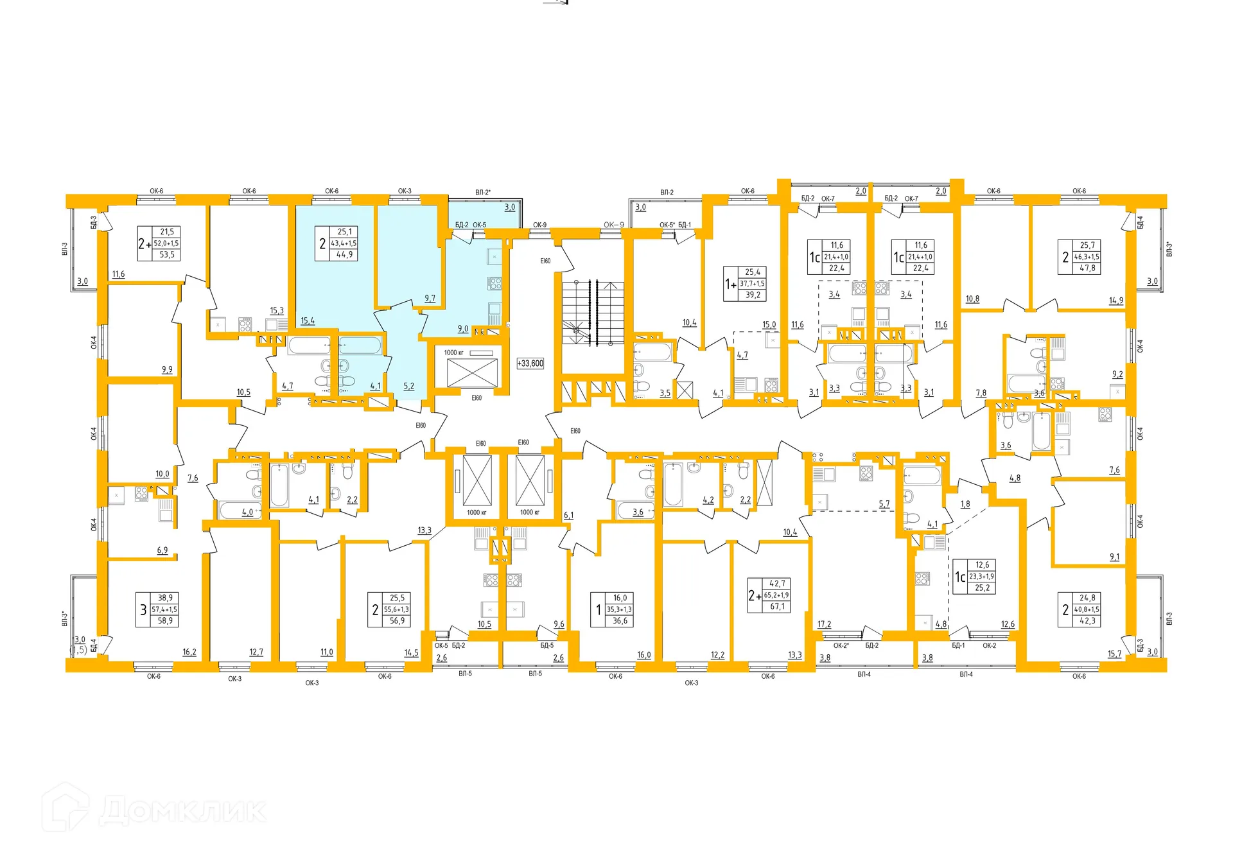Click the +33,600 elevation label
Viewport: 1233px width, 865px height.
530,363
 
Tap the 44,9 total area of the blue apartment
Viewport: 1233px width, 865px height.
345,255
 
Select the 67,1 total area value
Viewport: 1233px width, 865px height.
778,607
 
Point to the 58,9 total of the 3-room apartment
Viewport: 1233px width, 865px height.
166,621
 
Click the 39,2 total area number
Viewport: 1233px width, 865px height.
753,295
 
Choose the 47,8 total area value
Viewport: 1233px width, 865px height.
1088,268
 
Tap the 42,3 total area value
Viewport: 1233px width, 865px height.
1088,621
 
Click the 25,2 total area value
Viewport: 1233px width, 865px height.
983,588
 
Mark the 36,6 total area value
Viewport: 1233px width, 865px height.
620,621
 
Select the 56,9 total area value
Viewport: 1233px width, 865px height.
398,621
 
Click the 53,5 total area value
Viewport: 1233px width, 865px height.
167,255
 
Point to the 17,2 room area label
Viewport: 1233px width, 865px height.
825,624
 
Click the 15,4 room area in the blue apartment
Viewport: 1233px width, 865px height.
308,321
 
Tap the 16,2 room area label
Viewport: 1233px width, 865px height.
189,652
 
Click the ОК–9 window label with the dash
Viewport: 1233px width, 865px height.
614,225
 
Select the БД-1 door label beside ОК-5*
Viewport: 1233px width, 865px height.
685,225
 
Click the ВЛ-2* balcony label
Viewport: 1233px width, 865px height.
483,193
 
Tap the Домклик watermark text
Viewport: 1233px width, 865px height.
182,810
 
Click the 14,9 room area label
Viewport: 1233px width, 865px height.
1116,301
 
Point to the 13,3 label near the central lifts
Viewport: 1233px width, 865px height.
424,531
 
